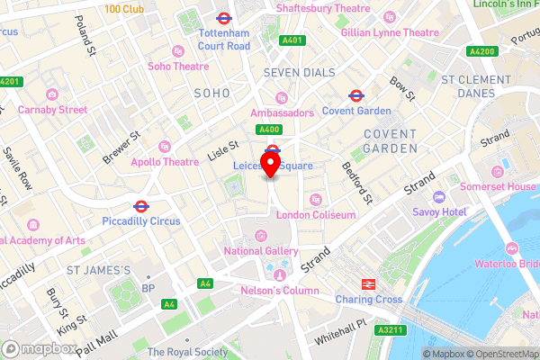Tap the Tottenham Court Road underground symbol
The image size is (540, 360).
pyautogui.click(x=223, y=17)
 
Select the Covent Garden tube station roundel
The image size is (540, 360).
pyautogui.click(x=356, y=94)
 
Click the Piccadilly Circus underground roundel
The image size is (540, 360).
pyautogui.click(x=141, y=206)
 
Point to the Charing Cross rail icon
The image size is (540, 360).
pyautogui.click(x=368, y=283)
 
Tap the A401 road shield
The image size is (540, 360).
pyautogui.click(x=292, y=40)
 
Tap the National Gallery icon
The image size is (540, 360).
pyautogui.click(x=261, y=236)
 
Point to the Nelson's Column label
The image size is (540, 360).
pyautogui.click(x=279, y=291)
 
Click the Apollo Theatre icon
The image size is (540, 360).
pyautogui.click(x=164, y=146)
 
